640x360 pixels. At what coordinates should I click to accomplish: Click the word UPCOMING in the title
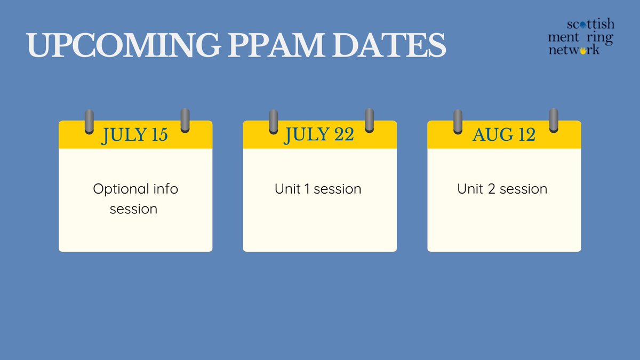tap(123, 46)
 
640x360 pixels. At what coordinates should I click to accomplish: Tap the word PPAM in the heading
tap(267, 46)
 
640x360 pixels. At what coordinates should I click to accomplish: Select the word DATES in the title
tap(381, 46)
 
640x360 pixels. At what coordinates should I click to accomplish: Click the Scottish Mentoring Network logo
tap(581, 37)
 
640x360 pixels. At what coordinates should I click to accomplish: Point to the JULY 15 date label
tap(135, 135)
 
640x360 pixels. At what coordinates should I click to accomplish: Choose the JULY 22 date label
tap(319, 135)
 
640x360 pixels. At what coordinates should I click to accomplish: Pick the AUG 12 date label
tap(504, 135)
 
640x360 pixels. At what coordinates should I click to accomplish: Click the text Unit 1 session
tap(318, 189)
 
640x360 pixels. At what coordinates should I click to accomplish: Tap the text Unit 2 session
tap(502, 189)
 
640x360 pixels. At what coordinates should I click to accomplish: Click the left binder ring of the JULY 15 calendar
tap(89, 122)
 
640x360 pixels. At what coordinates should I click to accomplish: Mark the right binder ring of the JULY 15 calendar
tap(185, 120)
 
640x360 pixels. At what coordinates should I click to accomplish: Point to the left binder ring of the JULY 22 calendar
tap(274, 122)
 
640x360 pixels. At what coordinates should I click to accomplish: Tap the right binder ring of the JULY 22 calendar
tap(369, 120)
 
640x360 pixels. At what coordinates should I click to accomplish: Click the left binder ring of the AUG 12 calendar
tap(458, 122)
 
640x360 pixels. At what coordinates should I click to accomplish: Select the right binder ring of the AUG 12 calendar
tap(554, 120)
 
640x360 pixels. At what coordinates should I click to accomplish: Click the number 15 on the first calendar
tap(159, 135)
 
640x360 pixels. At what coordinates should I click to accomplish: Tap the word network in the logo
tap(574, 50)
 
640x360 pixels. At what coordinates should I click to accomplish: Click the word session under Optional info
tap(133, 209)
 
